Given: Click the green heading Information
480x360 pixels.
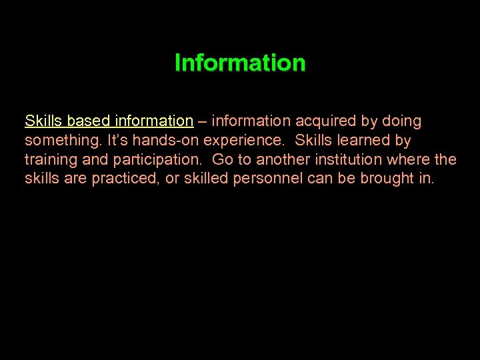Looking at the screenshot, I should [x=240, y=63].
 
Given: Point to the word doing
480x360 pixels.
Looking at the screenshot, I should [x=401, y=121].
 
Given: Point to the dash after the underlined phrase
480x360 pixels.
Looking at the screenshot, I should [x=201, y=121].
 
